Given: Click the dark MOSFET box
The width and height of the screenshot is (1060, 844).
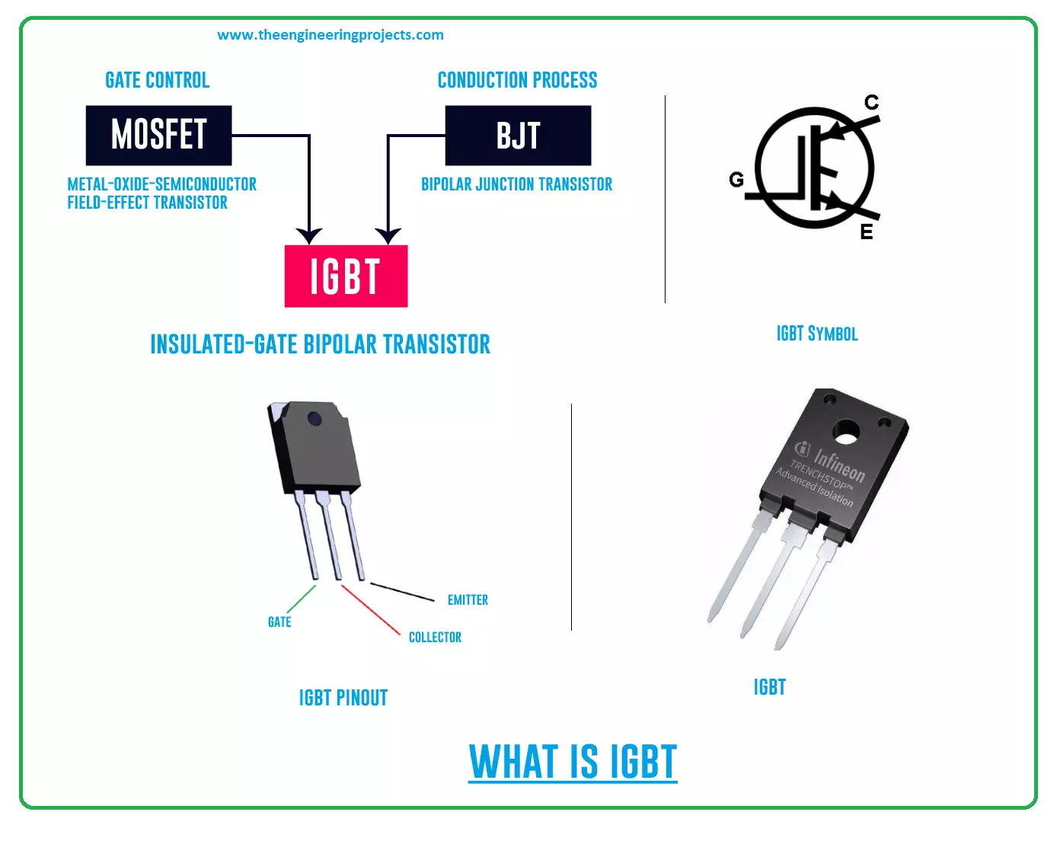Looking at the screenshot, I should click(x=158, y=135).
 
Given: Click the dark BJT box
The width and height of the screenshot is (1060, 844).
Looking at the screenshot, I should click(x=518, y=135).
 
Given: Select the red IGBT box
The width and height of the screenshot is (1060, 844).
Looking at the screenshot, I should click(x=346, y=276).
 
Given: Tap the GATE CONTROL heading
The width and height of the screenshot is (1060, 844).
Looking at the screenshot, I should click(x=157, y=80).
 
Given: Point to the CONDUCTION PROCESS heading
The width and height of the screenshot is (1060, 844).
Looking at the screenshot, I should click(x=517, y=80).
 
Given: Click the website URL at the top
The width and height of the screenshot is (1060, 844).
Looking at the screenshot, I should click(x=330, y=35).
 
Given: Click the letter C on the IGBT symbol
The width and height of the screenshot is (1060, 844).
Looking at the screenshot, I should click(x=871, y=102).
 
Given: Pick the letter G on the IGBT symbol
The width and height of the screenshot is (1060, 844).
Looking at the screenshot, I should click(x=736, y=180).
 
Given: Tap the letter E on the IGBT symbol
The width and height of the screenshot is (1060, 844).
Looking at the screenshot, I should click(x=867, y=232).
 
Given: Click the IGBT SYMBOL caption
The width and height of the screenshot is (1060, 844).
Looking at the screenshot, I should click(x=816, y=334).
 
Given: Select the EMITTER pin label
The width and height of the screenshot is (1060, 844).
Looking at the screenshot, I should click(x=468, y=600).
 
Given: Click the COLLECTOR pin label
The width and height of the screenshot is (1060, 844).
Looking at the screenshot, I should click(x=435, y=637).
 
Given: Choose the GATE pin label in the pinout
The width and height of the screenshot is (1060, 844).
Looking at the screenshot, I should click(x=279, y=622).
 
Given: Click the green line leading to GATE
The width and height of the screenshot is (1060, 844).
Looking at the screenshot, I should click(x=302, y=599).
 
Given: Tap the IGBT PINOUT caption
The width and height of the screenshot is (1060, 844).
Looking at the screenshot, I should click(x=343, y=698).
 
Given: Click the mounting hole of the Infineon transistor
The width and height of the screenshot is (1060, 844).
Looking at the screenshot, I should click(x=846, y=432).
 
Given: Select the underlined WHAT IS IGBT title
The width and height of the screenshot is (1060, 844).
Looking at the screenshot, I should click(x=573, y=762).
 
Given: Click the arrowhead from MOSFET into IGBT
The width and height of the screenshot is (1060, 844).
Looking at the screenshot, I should click(x=309, y=235).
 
